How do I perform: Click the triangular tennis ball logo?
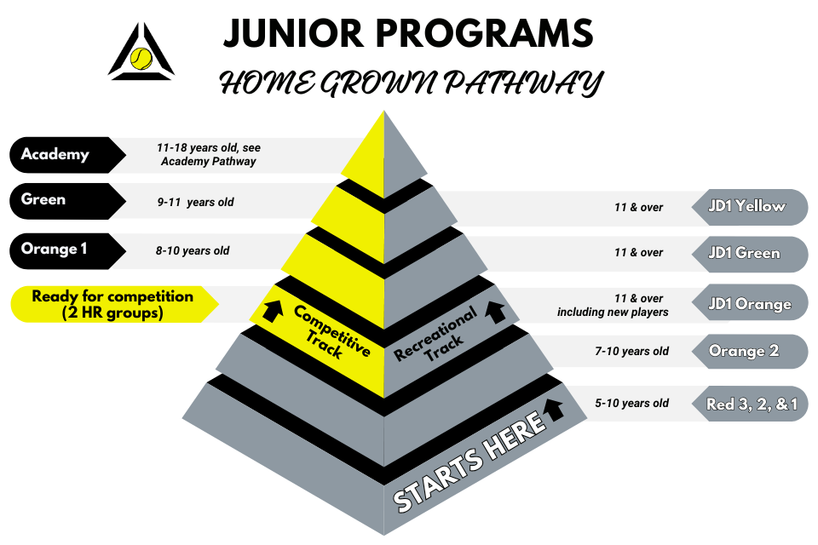[x=141, y=53]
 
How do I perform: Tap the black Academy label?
[x=67, y=155]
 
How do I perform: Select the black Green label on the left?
[x=67, y=201]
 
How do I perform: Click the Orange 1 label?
[x=67, y=251]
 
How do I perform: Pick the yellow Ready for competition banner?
[x=114, y=304]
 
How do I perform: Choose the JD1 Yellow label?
[x=750, y=207]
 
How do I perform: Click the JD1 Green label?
[x=750, y=254]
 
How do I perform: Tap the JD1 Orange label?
[x=750, y=303]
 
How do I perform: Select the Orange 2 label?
[x=750, y=352]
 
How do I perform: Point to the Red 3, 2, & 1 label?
[x=750, y=404]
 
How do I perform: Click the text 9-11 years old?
[x=196, y=203]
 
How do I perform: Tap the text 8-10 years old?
[x=193, y=251]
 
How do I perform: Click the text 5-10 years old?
[x=631, y=403]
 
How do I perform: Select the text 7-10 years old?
[x=631, y=352]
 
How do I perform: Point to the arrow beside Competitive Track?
[x=273, y=310]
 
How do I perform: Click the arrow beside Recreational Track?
[x=495, y=312]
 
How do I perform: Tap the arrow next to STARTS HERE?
[x=554, y=410]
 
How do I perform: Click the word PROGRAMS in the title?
[x=484, y=33]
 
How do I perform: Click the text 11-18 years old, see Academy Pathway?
[x=209, y=154]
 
